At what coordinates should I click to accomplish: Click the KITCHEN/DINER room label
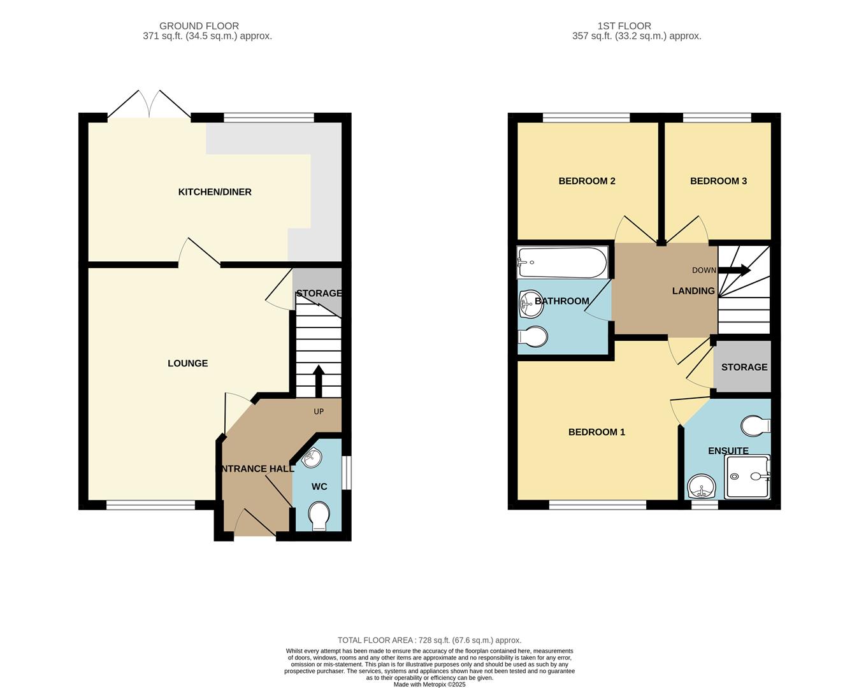(x=215, y=192)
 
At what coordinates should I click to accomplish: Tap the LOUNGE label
(x=187, y=363)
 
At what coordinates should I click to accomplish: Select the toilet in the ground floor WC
(x=318, y=515)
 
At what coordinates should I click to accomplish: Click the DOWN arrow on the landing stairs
(x=734, y=270)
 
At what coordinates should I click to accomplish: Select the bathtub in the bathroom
(x=562, y=262)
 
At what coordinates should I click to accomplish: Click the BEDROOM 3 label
(x=718, y=181)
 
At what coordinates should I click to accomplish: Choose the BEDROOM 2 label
(x=586, y=181)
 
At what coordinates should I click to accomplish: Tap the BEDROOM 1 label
(x=596, y=432)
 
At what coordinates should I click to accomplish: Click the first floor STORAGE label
(x=744, y=367)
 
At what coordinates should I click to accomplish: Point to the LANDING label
(x=693, y=290)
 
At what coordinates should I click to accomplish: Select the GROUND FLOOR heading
(x=199, y=26)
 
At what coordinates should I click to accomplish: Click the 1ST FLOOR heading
(x=624, y=26)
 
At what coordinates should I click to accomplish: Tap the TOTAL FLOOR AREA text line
(x=429, y=640)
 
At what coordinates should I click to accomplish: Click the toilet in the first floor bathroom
(x=533, y=336)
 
